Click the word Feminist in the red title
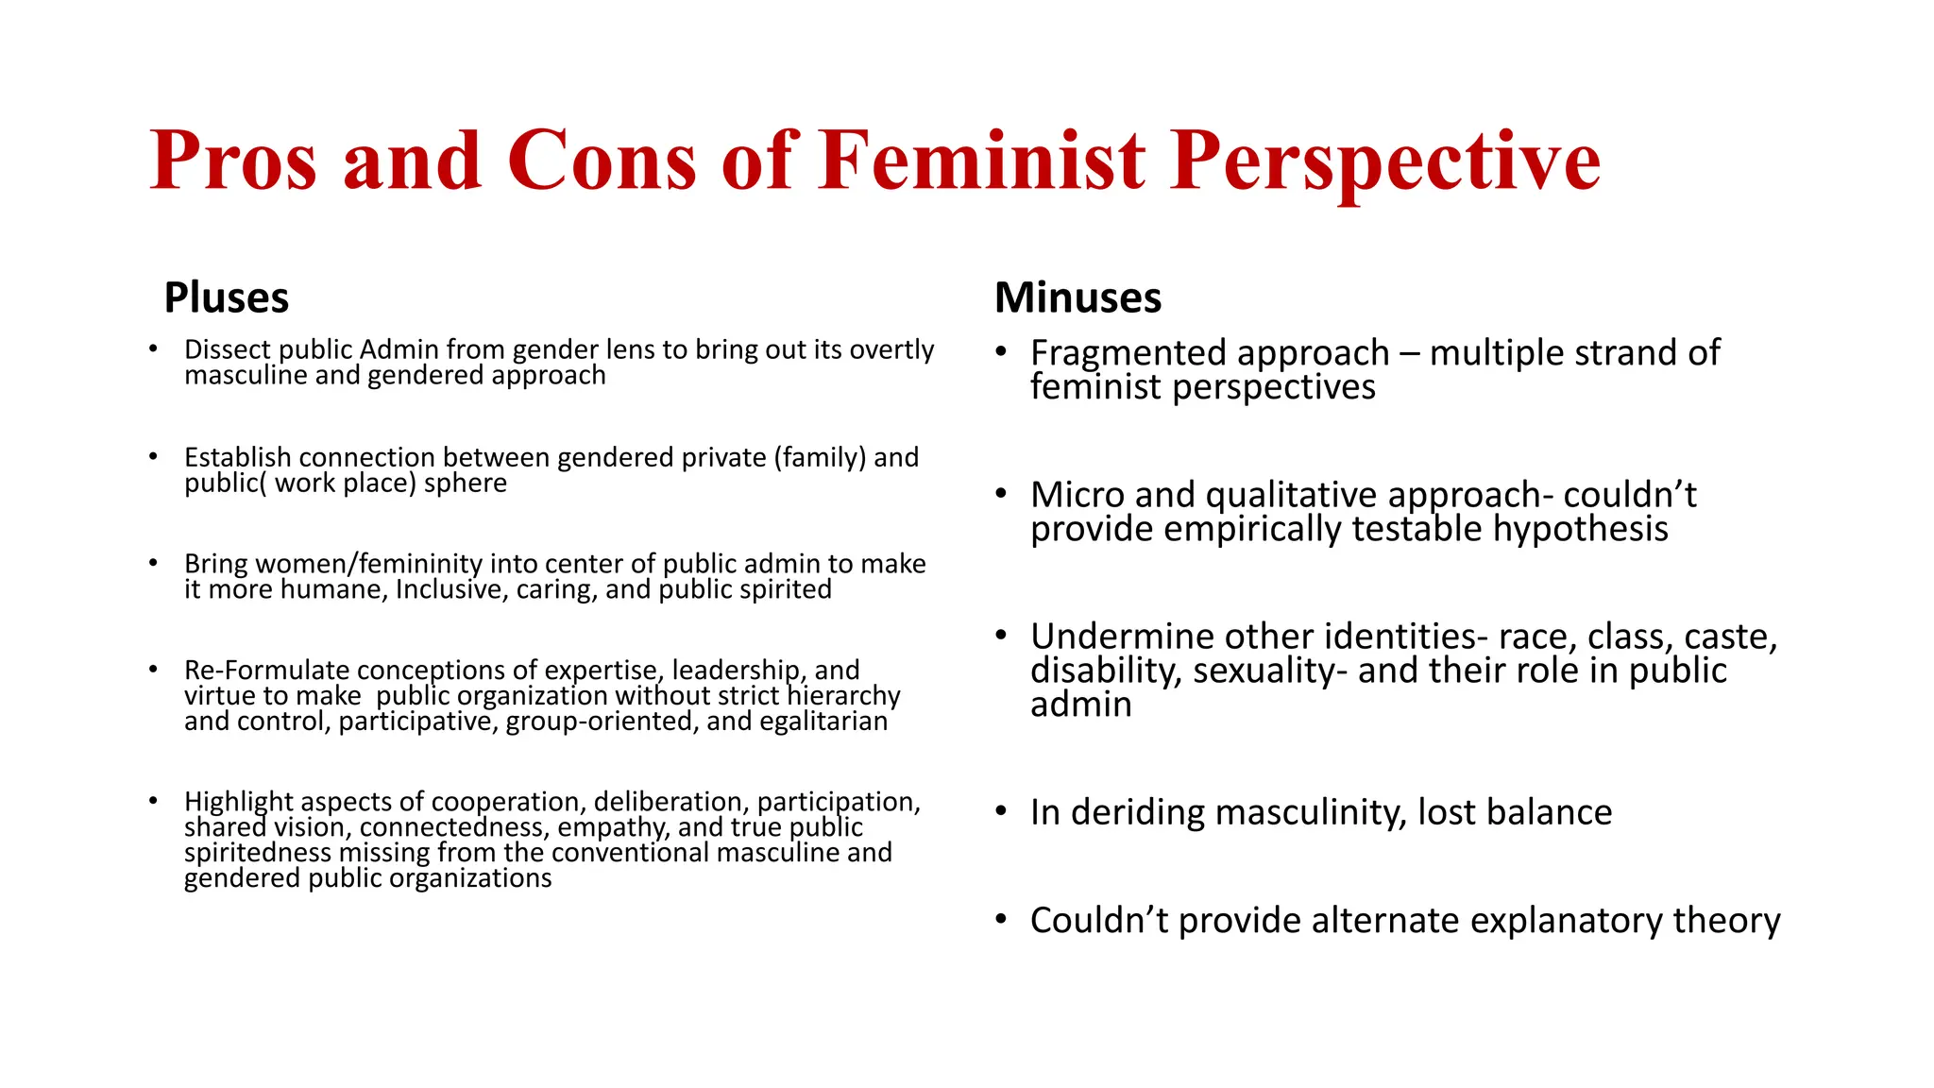tap(981, 161)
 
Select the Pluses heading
tap(226, 297)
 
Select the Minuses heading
tap(1077, 297)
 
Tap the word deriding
tap(1139, 812)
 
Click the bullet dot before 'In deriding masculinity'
tap(1001, 810)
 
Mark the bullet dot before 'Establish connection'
tap(153, 456)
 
